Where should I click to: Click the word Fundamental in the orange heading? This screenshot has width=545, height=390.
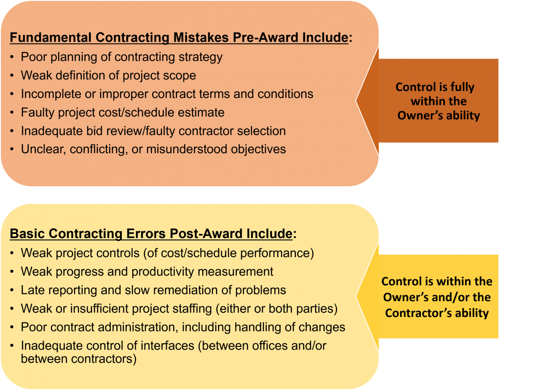(x=51, y=38)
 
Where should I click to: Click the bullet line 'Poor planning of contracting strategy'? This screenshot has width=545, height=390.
(x=122, y=57)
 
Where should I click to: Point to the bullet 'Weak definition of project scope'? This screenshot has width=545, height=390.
(x=108, y=76)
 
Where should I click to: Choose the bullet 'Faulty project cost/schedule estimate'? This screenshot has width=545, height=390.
(x=123, y=113)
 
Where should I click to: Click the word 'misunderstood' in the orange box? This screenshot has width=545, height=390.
(x=187, y=149)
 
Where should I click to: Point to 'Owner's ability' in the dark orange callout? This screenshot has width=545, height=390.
(x=438, y=115)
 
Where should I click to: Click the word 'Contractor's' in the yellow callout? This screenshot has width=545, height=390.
(x=418, y=313)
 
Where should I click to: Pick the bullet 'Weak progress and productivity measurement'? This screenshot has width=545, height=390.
(x=147, y=272)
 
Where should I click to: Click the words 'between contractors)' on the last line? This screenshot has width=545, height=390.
(x=79, y=359)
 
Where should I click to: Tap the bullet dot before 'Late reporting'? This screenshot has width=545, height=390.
(x=12, y=290)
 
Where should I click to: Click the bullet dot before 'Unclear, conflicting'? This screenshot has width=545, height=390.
(x=12, y=149)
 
